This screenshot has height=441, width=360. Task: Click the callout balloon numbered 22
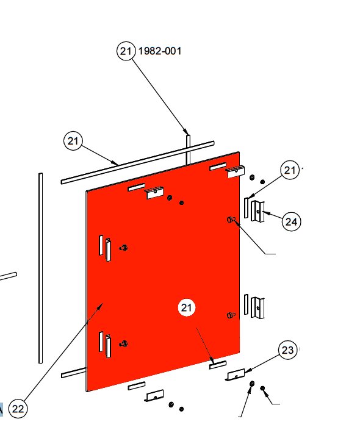[x=18, y=409]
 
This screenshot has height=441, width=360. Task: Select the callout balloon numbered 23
[x=288, y=350]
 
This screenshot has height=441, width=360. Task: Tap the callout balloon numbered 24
[x=291, y=221]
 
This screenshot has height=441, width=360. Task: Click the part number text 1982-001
[x=160, y=51]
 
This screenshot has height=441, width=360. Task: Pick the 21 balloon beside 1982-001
[x=126, y=51]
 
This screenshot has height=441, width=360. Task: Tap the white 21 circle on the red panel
[x=187, y=307]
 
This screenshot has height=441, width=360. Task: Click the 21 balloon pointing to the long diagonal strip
[x=73, y=141]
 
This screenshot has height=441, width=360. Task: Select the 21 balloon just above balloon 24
[x=290, y=170]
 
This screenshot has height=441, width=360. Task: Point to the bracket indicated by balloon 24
[x=258, y=211]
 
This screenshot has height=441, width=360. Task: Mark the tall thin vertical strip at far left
[x=40, y=268]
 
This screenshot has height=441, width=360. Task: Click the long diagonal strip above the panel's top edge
[x=137, y=163]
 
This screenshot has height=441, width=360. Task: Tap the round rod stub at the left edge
[x=9, y=276]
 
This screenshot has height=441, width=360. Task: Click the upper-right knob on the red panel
[x=231, y=220]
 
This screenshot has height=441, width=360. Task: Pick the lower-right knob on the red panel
[x=231, y=315]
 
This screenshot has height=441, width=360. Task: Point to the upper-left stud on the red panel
[x=123, y=248]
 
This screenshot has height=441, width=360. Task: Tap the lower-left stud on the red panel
[x=123, y=343]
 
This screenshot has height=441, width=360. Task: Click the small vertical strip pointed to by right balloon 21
[x=246, y=207]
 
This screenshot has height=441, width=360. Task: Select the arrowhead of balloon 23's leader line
[x=247, y=371]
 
